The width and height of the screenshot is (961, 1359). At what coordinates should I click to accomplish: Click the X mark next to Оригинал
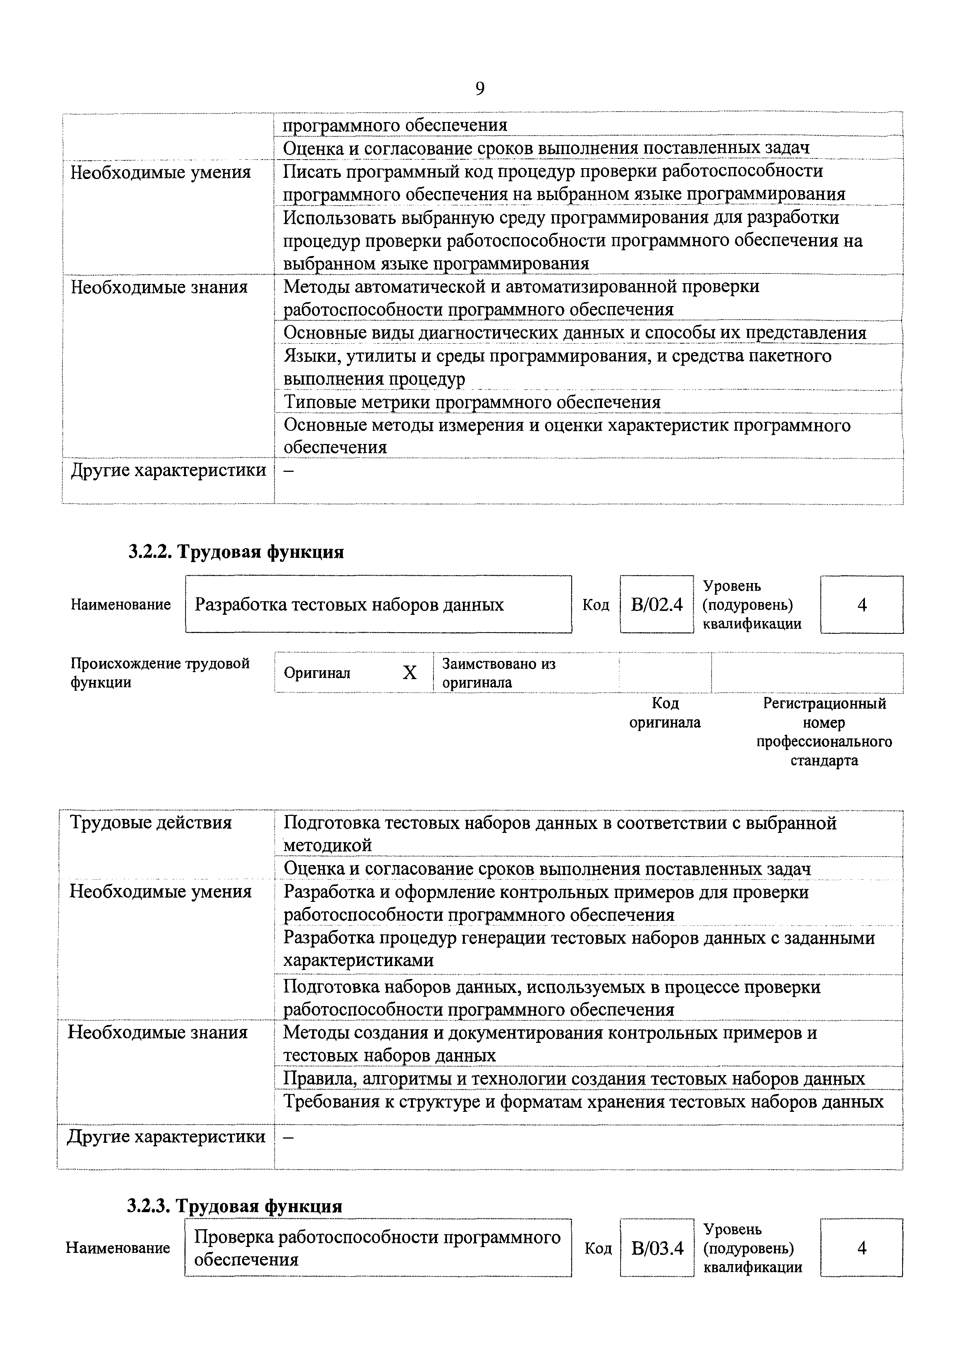[x=409, y=673]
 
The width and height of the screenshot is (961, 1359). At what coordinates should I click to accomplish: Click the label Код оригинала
[x=665, y=713]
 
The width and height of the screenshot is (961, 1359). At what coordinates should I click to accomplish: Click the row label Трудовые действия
[x=151, y=823]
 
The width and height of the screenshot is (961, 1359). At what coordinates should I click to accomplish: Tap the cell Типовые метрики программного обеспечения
[x=472, y=403]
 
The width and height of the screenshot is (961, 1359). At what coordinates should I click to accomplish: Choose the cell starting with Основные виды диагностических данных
[x=574, y=333]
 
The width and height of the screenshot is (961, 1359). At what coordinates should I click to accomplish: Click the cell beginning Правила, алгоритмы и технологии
[x=574, y=1079]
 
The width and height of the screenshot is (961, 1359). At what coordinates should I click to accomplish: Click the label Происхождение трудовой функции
[x=160, y=673]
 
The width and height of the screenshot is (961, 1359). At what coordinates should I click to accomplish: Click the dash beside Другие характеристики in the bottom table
[x=289, y=1137]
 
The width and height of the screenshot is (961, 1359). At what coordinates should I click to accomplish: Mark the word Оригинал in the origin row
[x=317, y=673]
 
